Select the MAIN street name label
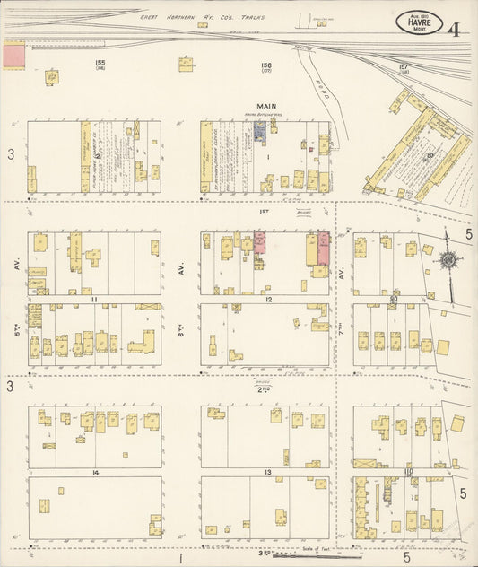click(266, 106)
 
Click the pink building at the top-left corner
click(14, 55)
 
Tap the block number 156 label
click(266, 65)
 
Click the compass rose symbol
click(446, 261)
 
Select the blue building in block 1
click(259, 133)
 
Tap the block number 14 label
click(93, 472)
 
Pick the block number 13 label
click(266, 472)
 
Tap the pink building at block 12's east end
click(323, 248)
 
